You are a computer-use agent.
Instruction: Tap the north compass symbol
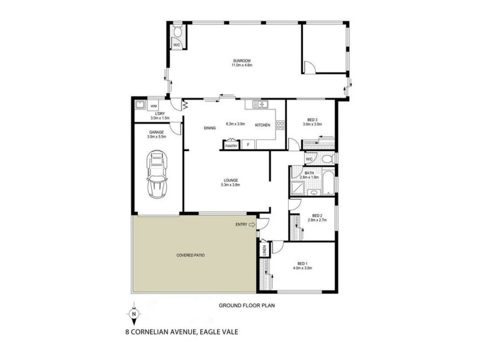134,313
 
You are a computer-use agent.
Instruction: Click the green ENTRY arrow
253,225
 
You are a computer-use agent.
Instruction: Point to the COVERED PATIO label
191,256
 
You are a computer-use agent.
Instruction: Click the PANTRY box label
230,145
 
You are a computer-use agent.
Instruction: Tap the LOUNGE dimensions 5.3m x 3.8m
232,185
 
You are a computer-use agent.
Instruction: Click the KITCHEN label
263,125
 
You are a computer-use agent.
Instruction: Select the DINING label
209,127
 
